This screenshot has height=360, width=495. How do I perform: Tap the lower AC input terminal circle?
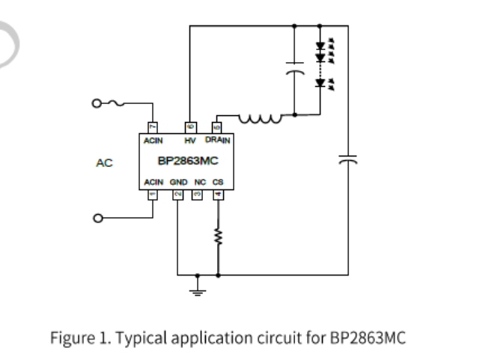click(x=97, y=219)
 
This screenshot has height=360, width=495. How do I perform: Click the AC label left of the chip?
click(x=104, y=162)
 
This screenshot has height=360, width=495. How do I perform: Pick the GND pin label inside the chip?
click(x=178, y=182)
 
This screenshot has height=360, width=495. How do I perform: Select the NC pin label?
click(x=199, y=182)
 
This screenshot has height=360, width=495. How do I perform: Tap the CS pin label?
click(x=218, y=182)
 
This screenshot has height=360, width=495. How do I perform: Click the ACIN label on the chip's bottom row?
click(x=154, y=182)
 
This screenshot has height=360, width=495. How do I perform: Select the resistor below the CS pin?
click(x=218, y=237)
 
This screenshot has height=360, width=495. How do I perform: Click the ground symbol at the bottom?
click(x=197, y=287)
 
